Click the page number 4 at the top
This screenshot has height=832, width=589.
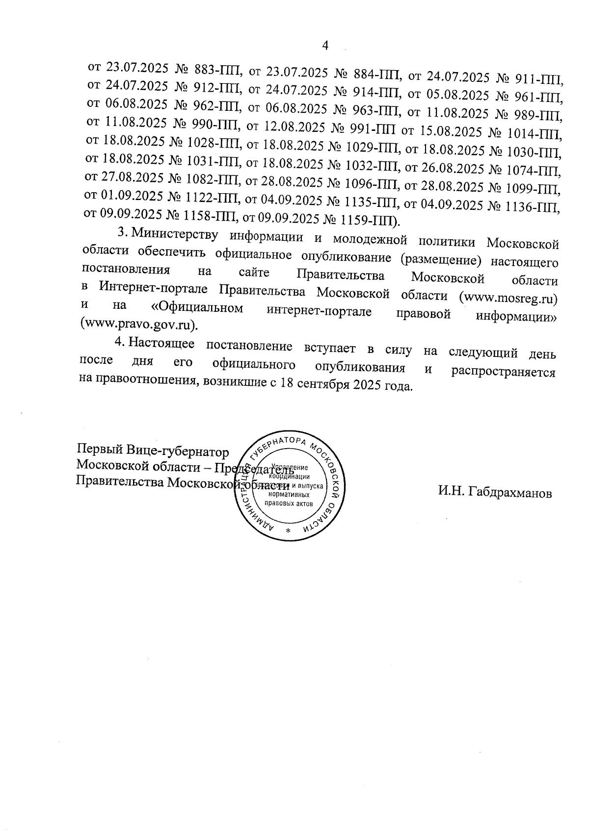pos(324,46)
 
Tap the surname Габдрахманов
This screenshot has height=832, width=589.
pos(495,493)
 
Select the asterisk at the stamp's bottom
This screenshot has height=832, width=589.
pos(288,532)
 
